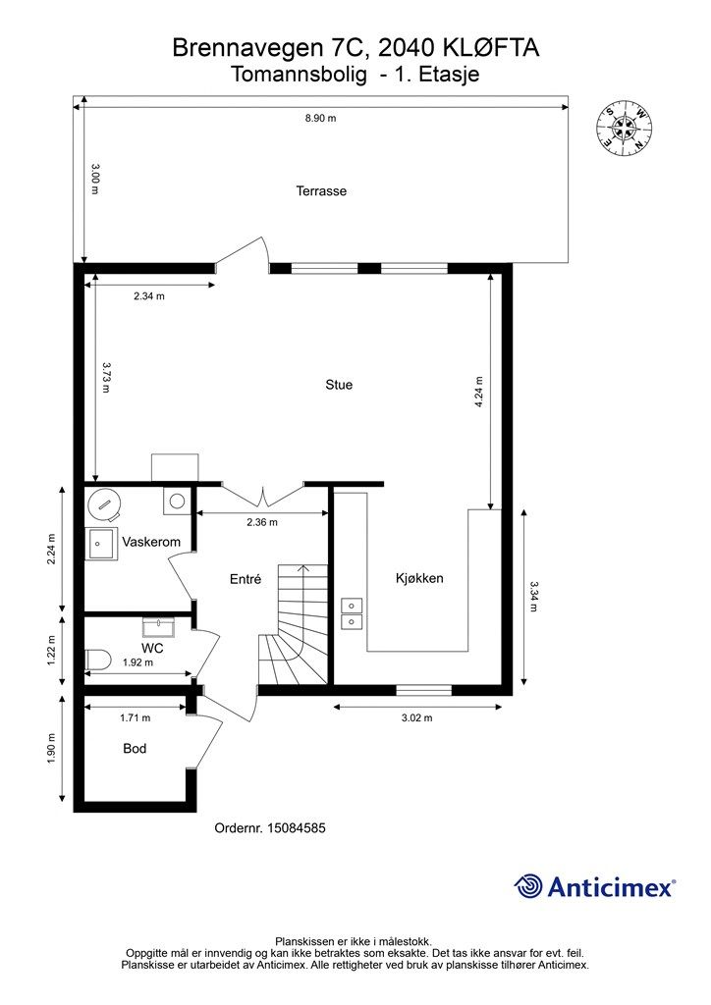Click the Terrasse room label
click(x=321, y=191)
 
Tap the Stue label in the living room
click(x=339, y=385)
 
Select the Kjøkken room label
click(x=419, y=578)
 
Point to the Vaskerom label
click(x=151, y=542)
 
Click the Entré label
click(x=246, y=579)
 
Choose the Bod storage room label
click(x=135, y=748)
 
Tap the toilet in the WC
click(x=98, y=659)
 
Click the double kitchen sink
click(x=352, y=613)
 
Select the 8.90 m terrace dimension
click(x=320, y=118)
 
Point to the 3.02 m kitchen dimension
click(x=416, y=717)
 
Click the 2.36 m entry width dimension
click(x=262, y=522)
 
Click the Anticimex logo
click(x=594, y=887)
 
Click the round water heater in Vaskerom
click(x=104, y=504)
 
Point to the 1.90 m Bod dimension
click(x=52, y=748)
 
